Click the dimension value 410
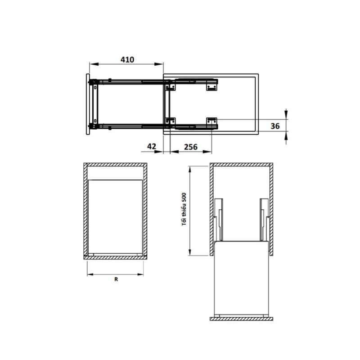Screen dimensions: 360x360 tap(127, 59)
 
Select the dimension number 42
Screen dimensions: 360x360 tap(151, 147)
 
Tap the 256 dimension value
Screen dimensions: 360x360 tap(191, 147)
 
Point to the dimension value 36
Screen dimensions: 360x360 tap(276, 126)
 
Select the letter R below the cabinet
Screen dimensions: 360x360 tap(116, 279)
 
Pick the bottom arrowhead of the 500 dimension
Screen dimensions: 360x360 tap(190, 253)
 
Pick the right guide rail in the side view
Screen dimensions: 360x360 tap(263, 220)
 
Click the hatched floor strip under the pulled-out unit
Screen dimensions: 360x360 tap(241, 318)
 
